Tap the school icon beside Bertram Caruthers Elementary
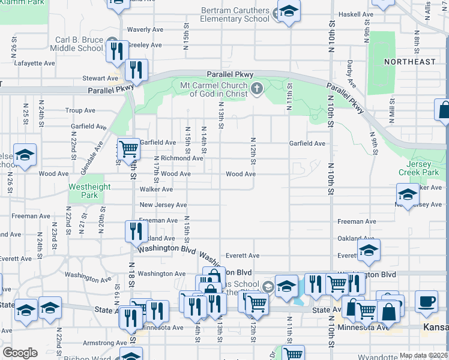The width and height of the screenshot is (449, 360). click(x=289, y=12)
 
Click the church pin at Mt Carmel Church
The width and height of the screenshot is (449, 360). click(x=257, y=90)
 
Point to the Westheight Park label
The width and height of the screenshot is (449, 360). click(x=90, y=191)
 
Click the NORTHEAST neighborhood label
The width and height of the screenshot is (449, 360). click(x=410, y=62)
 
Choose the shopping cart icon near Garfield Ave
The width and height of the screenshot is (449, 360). click(x=128, y=149)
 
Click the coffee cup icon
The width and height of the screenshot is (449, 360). click(x=427, y=302)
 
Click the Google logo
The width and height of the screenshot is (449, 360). click(x=20, y=352)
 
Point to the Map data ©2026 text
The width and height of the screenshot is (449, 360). click(x=423, y=355)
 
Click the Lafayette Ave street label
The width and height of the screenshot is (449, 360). click(x=35, y=62)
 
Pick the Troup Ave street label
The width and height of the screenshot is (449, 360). click(x=80, y=110)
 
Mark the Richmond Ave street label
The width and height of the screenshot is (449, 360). click(x=182, y=158)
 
